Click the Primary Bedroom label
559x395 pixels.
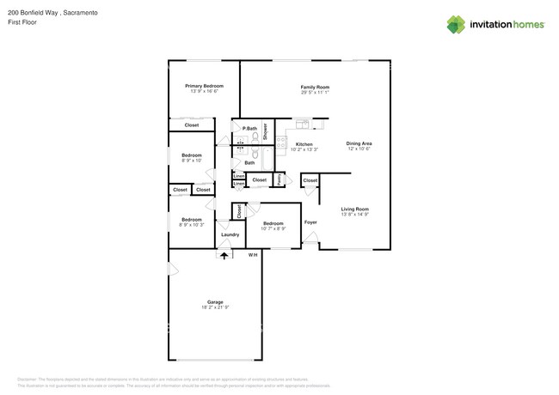[205, 86]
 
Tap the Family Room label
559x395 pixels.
[315, 87]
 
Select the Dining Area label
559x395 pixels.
[359, 143]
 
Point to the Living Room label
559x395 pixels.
[354, 210]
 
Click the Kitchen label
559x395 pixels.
[304, 144]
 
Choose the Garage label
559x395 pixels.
[214, 301]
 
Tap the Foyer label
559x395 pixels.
[310, 222]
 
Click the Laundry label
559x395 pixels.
[230, 234]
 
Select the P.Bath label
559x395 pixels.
[249, 129]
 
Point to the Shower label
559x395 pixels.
[266, 131]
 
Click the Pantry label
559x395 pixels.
[279, 179]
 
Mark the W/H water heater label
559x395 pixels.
[253, 255]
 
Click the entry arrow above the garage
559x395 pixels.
[225, 255]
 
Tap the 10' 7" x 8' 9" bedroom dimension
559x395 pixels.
[277, 228]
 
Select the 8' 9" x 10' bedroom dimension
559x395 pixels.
[191, 161]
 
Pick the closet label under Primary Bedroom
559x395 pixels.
[191, 125]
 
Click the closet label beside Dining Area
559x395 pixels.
[310, 180]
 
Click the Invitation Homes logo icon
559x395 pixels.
[457, 24]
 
